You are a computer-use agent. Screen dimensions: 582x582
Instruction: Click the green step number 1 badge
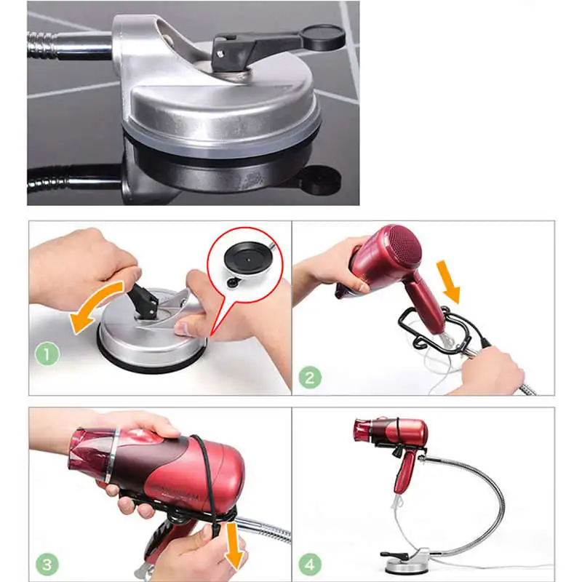click(47, 354)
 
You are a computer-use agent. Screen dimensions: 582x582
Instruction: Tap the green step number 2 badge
click(310, 377)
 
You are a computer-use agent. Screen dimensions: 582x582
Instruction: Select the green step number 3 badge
click(47, 565)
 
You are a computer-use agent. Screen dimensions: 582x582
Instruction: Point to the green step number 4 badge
click(310, 565)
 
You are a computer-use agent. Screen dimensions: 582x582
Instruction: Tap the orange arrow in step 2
click(448, 282)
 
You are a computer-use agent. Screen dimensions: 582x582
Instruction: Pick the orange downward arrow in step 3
click(234, 546)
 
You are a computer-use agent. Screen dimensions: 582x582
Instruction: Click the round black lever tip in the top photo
click(322, 37)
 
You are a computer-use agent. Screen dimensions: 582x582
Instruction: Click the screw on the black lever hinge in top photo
click(221, 54)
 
